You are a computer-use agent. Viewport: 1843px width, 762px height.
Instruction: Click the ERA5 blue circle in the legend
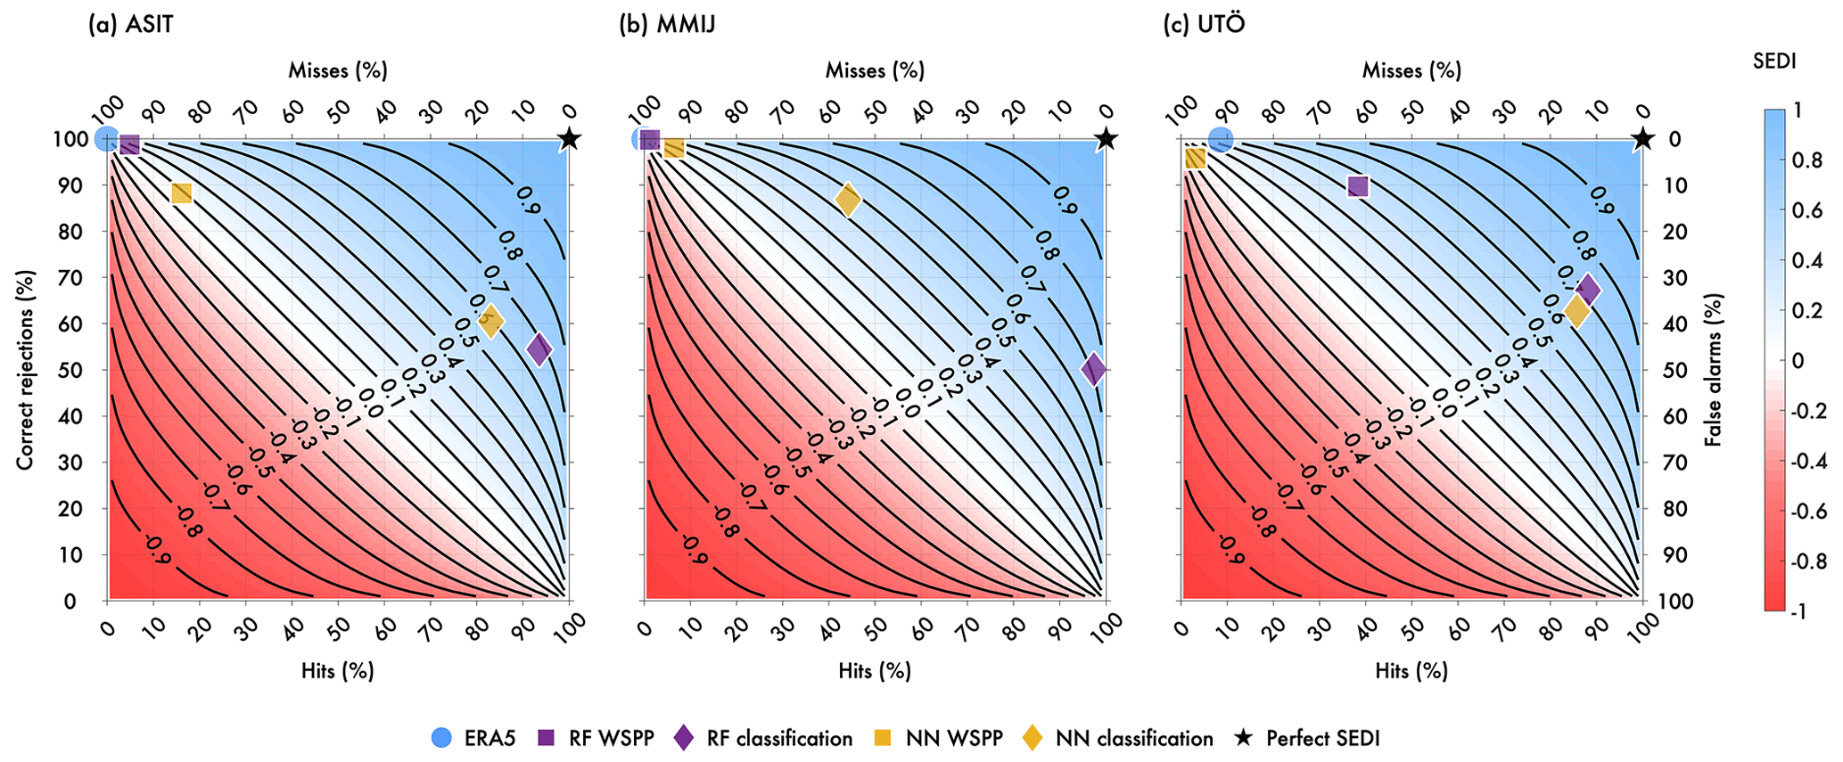point(441,738)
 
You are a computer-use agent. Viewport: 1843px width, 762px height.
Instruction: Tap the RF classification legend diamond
point(684,738)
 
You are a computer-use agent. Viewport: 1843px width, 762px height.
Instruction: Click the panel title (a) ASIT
point(130,24)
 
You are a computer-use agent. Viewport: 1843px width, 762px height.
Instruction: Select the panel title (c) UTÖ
point(1204,24)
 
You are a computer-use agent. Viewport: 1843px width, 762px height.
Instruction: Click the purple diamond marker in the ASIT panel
point(539,348)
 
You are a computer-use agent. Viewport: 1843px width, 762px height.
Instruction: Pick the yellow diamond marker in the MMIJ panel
point(848,200)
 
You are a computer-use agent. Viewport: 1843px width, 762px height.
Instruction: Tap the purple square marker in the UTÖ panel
point(1358,186)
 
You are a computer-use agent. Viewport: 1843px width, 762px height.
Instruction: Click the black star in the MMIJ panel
point(1106,139)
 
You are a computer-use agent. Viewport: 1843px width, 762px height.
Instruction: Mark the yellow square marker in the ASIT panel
point(181,193)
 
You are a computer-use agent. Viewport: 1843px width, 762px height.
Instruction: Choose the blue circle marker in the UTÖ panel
point(1221,139)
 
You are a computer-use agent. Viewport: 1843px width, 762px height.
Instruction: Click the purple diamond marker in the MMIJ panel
point(1094,369)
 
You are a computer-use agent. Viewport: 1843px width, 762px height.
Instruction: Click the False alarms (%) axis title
point(1712,370)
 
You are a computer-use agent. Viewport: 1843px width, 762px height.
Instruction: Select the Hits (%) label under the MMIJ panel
point(875,670)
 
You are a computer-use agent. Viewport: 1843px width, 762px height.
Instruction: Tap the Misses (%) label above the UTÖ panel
point(1411,70)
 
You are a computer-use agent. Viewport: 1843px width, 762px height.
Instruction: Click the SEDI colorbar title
point(1774,61)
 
